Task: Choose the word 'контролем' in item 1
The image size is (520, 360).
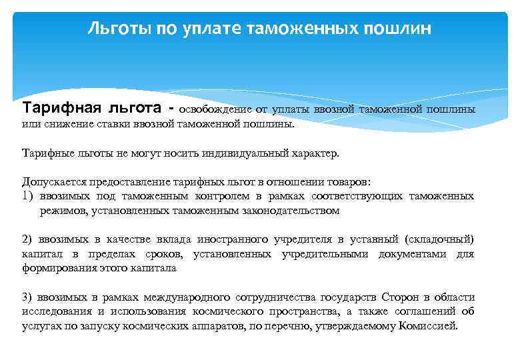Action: pyautogui.click(x=223, y=196)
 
